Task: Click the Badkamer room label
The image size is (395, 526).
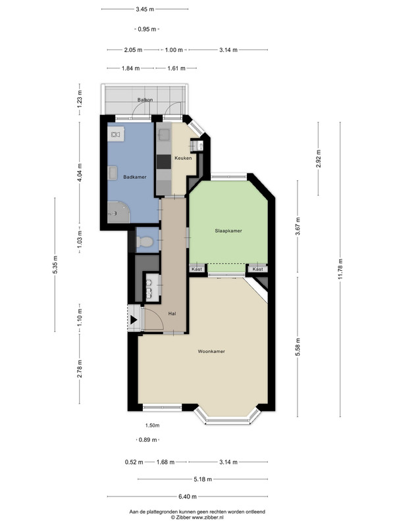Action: pos(135,177)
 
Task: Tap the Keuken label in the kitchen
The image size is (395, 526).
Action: pos(183,158)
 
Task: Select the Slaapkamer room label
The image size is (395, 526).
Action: pos(228,231)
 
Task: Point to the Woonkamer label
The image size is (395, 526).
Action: pos(211,351)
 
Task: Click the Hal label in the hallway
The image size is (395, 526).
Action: pos(172,314)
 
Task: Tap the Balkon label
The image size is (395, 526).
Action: pos(145,100)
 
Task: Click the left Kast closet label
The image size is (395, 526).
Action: pos(197,269)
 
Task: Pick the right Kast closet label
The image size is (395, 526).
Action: pos(257,269)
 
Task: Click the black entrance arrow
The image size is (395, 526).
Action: pos(134,320)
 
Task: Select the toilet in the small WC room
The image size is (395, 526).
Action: pos(145,241)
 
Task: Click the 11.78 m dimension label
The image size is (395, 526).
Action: pos(340,269)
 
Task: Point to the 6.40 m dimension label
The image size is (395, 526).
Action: pos(188,496)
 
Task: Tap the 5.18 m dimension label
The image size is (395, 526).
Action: pos(203,479)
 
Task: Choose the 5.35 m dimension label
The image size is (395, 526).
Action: pos(55,265)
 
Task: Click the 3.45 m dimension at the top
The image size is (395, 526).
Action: pos(145,9)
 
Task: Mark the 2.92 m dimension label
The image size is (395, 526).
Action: pos(319,158)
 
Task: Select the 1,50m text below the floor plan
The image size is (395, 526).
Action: pos(152,425)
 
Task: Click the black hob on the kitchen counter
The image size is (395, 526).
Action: pos(164,162)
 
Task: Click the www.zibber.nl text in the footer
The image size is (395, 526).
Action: pos(207,517)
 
